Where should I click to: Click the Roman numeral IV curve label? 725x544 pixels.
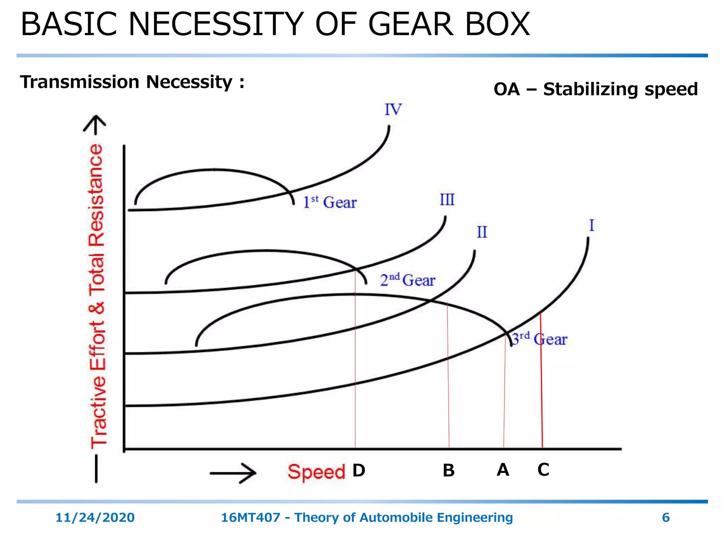[x=393, y=110]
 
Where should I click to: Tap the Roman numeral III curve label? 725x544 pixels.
[x=447, y=200]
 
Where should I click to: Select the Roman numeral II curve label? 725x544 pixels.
[x=482, y=232]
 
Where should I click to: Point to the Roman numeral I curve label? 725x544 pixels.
[x=591, y=226]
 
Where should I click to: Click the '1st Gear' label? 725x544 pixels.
[x=330, y=202]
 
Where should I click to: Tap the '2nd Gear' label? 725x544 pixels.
[x=407, y=280]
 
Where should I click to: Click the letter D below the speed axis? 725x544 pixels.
[x=359, y=471]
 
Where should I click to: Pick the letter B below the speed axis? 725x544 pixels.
[x=449, y=471]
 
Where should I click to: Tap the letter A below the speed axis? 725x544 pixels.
[x=503, y=470]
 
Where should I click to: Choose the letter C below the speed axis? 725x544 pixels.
[x=543, y=470]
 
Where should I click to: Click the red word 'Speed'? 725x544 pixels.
[x=316, y=472]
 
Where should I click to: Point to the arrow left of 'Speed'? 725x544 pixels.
[x=233, y=473]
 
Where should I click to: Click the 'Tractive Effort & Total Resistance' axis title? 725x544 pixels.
[x=97, y=296]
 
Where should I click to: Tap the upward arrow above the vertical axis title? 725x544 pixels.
[x=95, y=125]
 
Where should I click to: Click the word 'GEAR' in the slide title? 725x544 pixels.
[x=411, y=24]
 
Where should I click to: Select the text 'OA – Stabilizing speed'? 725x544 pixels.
[x=595, y=89]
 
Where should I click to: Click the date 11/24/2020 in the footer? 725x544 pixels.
[x=95, y=517]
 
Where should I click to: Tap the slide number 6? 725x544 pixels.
[x=666, y=517]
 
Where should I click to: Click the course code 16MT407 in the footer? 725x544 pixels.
[x=250, y=517]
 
